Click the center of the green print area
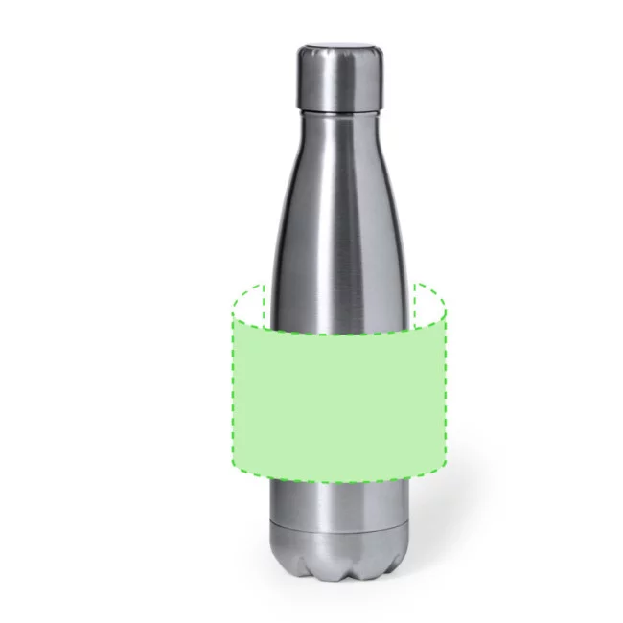click(338, 403)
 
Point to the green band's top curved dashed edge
click(338, 334)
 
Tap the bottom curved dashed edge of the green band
click(338, 481)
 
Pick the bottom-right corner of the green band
click(445, 468)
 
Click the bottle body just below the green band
click(338, 503)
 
